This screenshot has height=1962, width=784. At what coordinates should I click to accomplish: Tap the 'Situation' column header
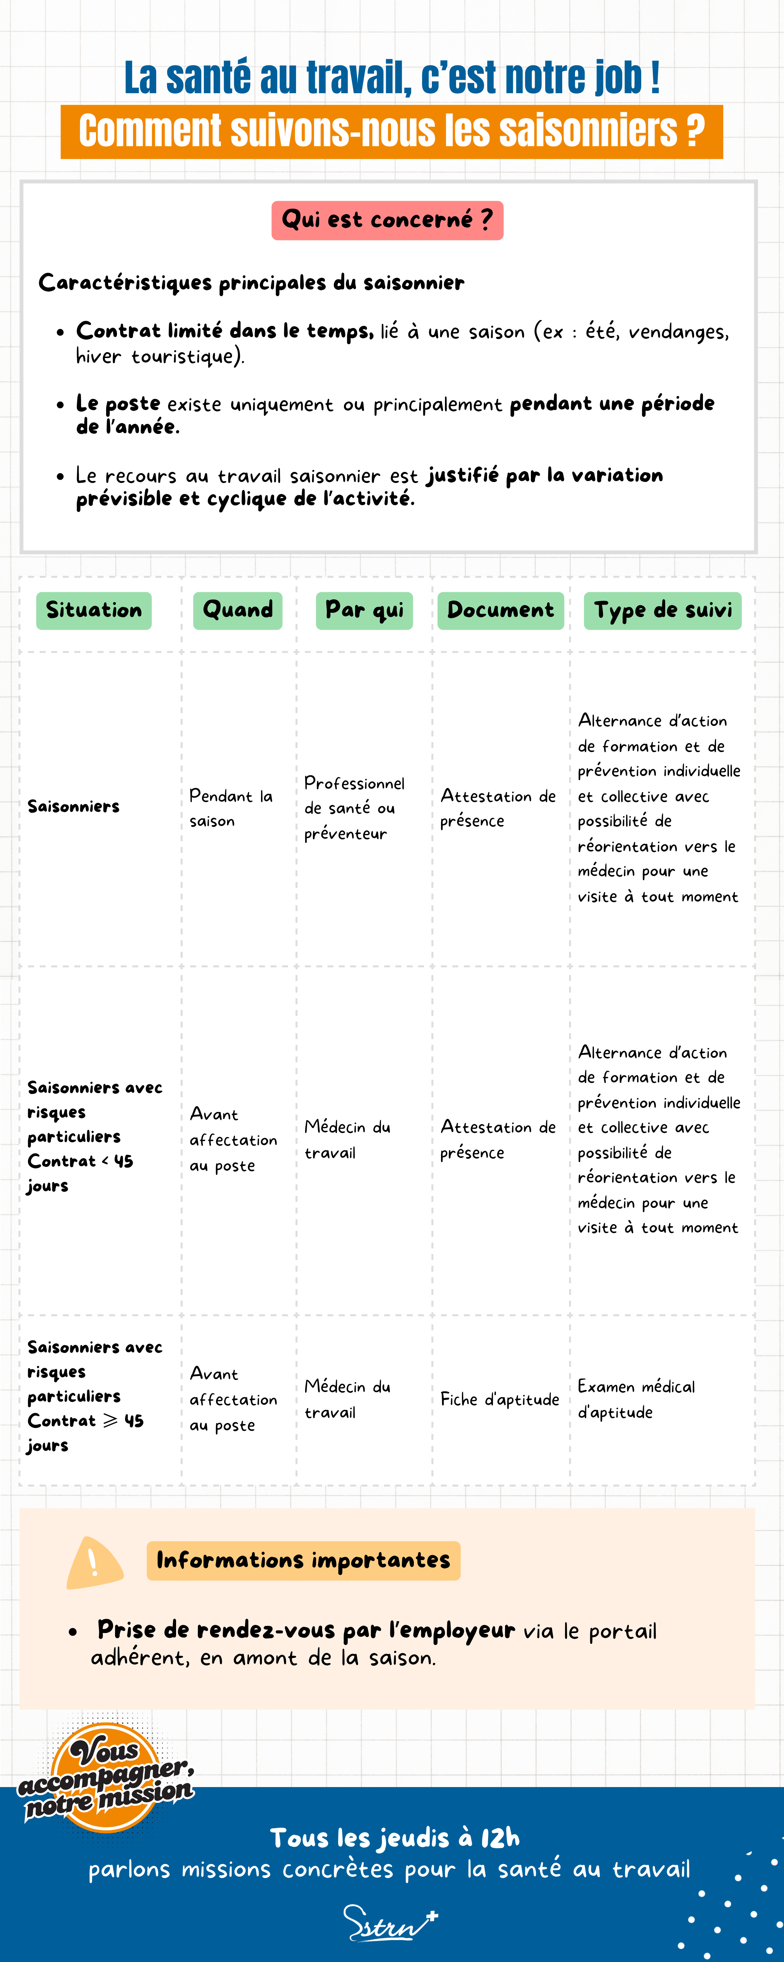pos(94,610)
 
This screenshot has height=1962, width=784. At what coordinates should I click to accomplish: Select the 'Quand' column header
pos(237,610)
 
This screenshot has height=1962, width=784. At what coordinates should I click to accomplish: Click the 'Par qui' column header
pos(364,610)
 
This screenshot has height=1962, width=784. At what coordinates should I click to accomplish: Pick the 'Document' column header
pos(500,610)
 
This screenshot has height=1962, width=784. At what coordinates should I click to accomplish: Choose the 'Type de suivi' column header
pos(662,610)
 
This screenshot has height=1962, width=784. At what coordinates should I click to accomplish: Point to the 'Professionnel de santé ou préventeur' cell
pos(354,808)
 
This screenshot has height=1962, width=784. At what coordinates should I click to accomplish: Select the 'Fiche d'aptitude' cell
pos(499,1399)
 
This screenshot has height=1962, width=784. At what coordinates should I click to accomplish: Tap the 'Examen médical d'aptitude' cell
pos(636,1399)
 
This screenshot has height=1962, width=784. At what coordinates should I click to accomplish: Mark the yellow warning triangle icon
pos(94,1563)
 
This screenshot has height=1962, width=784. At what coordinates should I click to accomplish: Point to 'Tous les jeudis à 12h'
pos(394,1838)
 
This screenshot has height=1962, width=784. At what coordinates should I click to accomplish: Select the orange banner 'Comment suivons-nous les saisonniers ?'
pos(391,132)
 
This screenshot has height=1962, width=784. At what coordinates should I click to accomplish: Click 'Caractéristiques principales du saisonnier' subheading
pos(251,283)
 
